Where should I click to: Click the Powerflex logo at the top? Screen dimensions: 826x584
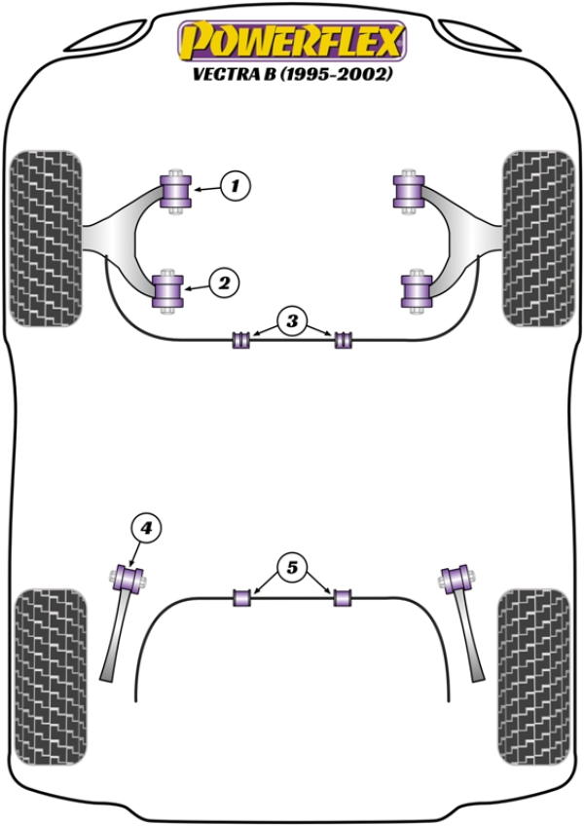coord(290,42)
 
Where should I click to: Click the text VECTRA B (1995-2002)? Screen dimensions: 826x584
coord(290,75)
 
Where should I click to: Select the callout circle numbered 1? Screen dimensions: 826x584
coord(235,184)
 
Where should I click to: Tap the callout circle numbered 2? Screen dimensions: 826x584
coord(224,283)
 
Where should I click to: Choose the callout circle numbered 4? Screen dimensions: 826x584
coord(145,528)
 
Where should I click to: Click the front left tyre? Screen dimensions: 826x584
coord(45,236)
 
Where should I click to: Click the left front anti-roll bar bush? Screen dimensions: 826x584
coord(240,341)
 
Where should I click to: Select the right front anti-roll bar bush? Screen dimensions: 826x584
coord(343,341)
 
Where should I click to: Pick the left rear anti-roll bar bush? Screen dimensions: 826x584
coord(240,597)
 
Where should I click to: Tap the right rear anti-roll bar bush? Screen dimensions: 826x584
coord(343,597)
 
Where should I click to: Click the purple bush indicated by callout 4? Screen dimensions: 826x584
coord(129,579)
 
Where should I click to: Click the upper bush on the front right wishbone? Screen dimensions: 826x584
coord(407,190)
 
